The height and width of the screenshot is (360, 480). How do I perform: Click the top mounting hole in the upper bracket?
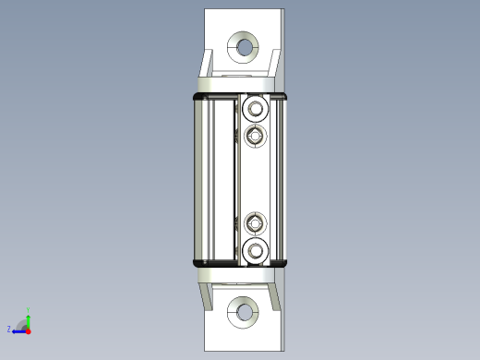(245, 45)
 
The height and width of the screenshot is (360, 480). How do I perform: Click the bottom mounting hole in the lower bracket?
(245, 313)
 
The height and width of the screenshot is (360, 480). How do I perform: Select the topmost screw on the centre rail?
(255, 111)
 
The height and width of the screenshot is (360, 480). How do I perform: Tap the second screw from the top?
(255, 137)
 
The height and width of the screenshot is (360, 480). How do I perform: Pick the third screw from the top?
(255, 222)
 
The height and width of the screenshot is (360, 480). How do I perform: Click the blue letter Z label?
(9, 329)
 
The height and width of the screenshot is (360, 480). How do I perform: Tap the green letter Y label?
(29, 309)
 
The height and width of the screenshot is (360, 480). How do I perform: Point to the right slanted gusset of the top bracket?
(273, 66)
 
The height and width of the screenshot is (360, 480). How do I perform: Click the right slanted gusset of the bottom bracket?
(273, 293)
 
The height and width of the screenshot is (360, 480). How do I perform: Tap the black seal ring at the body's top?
(238, 94)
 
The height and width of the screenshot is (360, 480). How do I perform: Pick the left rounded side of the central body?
(198, 179)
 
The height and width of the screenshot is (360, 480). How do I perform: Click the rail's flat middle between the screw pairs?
(255, 180)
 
